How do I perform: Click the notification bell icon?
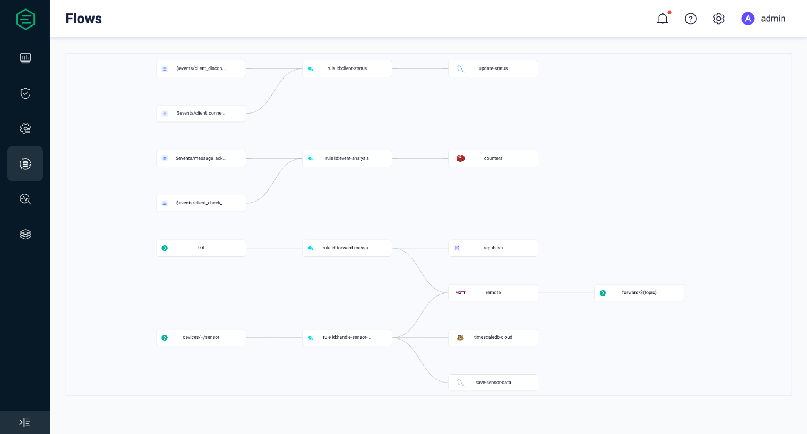(x=663, y=19)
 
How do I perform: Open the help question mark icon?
(x=691, y=19)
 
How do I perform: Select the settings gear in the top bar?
(x=719, y=19)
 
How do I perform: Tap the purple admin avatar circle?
(x=748, y=19)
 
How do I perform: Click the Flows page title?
(x=83, y=19)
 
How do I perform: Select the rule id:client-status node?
(x=347, y=68)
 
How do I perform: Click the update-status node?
(x=493, y=68)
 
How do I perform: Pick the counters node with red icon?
(x=493, y=158)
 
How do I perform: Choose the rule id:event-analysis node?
(x=347, y=158)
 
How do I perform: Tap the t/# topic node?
(x=201, y=248)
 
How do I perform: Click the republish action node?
(x=493, y=248)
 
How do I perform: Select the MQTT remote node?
(x=493, y=293)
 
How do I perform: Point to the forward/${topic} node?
(x=639, y=293)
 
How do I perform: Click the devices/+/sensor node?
(x=201, y=337)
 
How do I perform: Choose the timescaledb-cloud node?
(x=493, y=337)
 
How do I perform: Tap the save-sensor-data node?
(x=493, y=383)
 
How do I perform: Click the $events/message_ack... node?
(x=201, y=158)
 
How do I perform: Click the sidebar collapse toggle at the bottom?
(x=25, y=422)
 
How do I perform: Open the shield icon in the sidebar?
(x=25, y=93)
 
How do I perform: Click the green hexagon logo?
(x=25, y=19)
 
